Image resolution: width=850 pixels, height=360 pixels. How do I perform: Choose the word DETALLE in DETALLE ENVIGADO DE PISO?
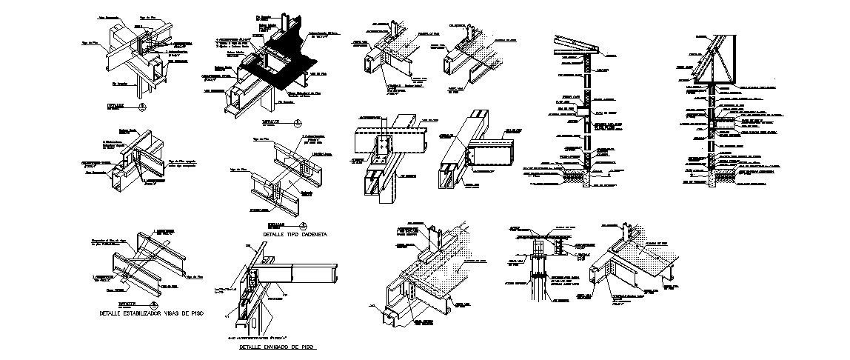(x=252, y=347)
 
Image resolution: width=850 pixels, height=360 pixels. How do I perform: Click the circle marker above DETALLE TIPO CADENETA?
(x=302, y=225)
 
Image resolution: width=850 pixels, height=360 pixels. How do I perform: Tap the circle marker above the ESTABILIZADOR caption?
(x=153, y=304)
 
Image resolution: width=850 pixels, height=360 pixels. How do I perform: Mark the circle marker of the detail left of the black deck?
(x=142, y=107)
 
